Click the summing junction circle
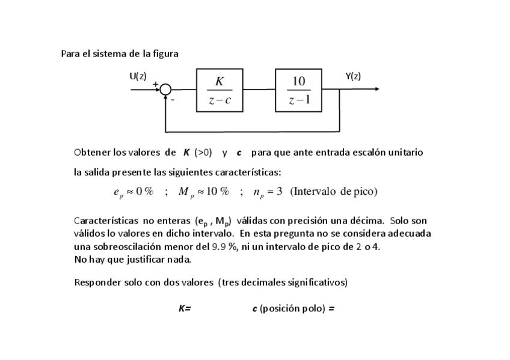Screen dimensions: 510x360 166,90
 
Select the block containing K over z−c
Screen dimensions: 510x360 220,90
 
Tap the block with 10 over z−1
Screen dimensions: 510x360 298,90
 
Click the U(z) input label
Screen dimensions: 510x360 138,76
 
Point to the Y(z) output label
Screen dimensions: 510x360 353,76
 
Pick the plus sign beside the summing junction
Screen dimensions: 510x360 156,84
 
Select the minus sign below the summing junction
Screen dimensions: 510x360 172,100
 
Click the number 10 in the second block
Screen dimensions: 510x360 299,81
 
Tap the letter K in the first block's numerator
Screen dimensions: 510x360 220,81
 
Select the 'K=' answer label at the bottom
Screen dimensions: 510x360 185,309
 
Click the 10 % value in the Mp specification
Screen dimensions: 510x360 218,192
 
